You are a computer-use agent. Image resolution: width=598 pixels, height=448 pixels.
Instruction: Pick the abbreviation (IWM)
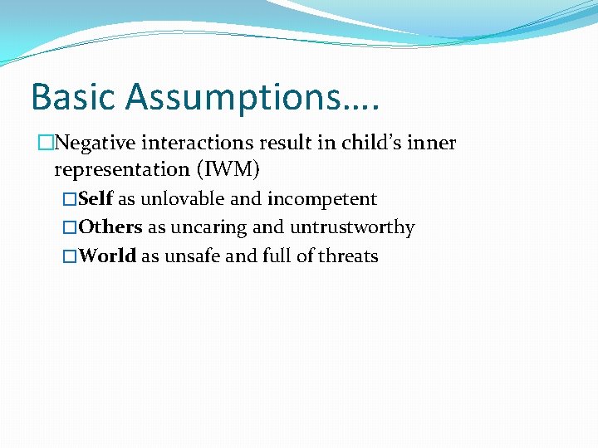pyautogui.click(x=227, y=170)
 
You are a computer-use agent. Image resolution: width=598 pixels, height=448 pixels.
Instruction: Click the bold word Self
pyautogui.click(x=96, y=199)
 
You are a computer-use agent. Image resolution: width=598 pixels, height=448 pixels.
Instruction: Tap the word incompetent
pyautogui.click(x=322, y=199)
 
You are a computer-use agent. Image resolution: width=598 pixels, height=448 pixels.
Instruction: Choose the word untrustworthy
pyautogui.click(x=352, y=227)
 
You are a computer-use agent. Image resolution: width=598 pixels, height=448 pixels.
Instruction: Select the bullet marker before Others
pyautogui.click(x=70, y=227)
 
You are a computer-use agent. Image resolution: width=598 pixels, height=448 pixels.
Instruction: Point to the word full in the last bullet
pyautogui.click(x=277, y=256)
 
